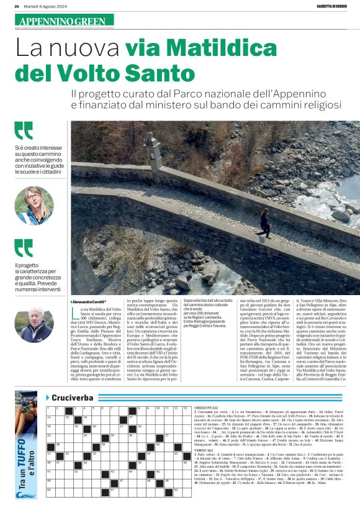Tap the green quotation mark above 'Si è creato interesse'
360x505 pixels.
(24, 130)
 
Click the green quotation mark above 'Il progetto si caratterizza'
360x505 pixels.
(24, 247)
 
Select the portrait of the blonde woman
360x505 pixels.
(34, 206)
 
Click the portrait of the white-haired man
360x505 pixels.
(34, 324)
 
